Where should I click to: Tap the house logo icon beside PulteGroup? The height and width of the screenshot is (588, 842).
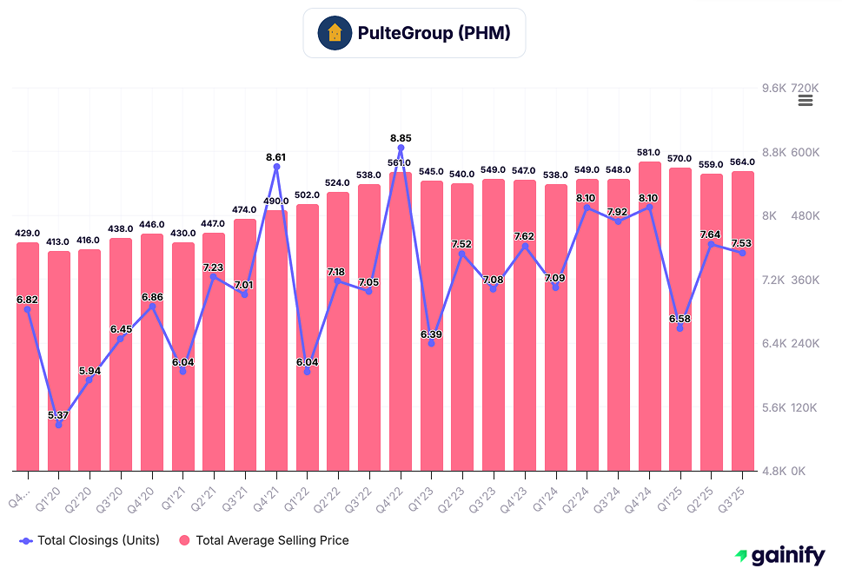coord(335,34)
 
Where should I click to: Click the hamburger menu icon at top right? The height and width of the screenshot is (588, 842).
coord(805,101)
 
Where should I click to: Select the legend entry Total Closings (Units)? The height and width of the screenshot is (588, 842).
coord(90,540)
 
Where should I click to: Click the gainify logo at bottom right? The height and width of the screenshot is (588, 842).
coord(779,557)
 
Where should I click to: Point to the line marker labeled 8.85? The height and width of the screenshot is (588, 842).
coord(401,149)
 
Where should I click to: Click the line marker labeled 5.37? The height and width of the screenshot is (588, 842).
coord(58,425)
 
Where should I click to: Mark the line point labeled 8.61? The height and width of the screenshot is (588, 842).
coord(276,167)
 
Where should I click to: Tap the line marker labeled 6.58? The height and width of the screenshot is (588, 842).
coord(680,328)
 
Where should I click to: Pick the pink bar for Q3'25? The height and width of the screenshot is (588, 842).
coord(742,321)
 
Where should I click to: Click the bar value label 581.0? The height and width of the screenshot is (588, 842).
coord(649,152)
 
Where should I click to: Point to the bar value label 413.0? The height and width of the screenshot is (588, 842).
coord(58,242)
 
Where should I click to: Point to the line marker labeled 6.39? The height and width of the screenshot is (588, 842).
coord(431,343)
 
